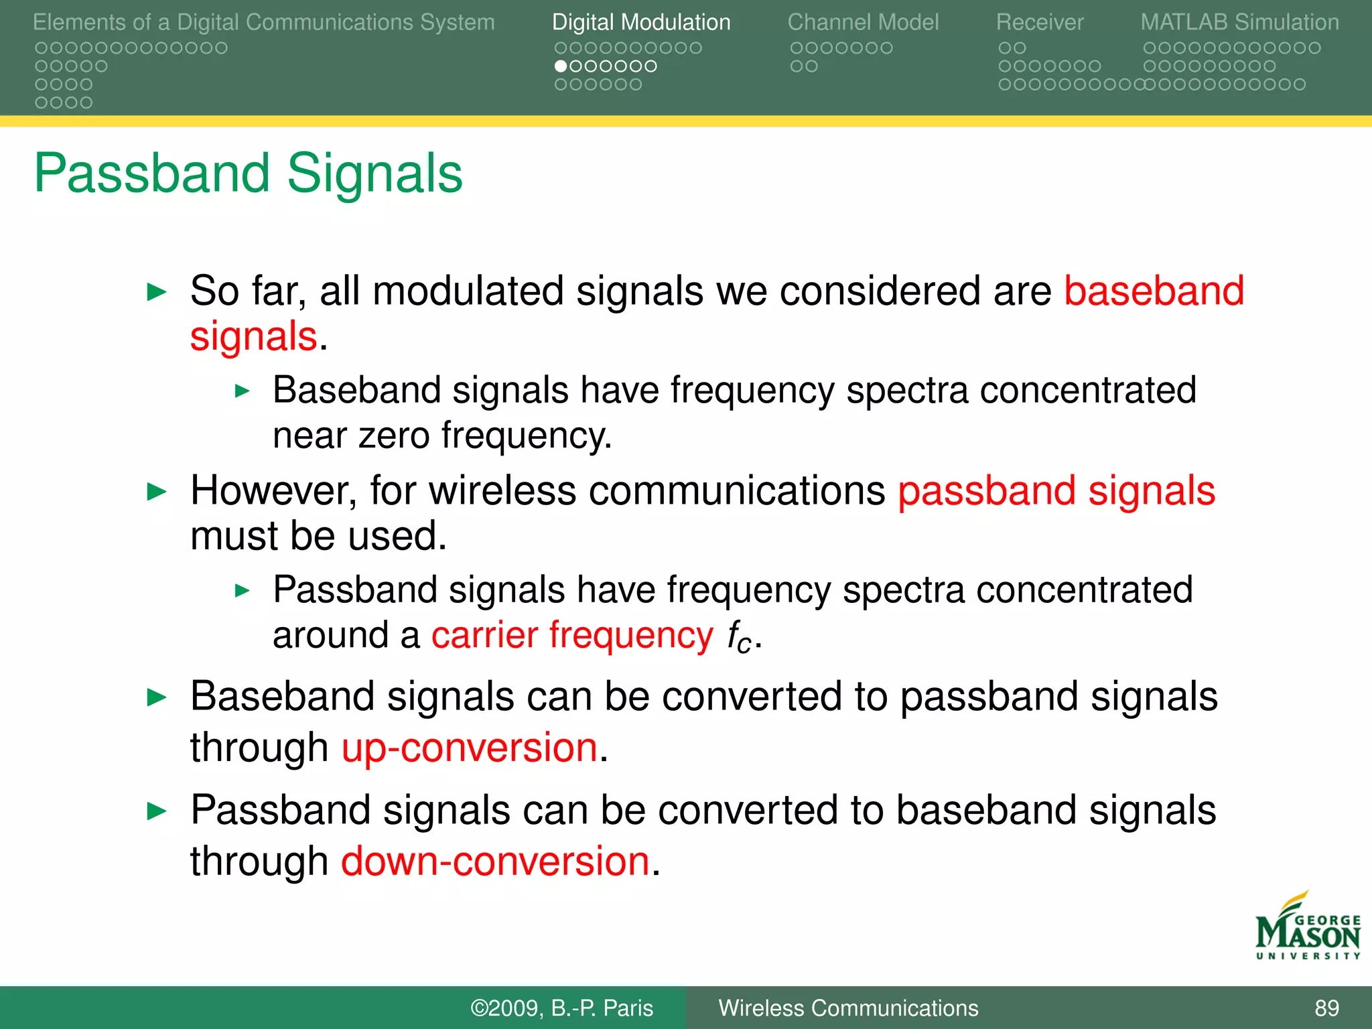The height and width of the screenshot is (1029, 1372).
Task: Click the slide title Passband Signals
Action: point(248,174)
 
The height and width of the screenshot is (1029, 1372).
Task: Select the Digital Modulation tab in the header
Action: point(640,22)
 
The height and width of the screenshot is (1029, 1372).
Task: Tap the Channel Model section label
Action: point(863,22)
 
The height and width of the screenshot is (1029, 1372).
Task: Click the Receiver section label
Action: point(1039,22)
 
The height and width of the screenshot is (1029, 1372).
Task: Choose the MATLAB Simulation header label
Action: point(1239,22)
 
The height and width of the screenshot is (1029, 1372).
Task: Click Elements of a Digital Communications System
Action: point(263,22)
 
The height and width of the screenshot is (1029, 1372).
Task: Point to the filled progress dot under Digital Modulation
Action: point(561,66)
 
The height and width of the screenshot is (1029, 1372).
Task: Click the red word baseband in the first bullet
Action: point(1154,291)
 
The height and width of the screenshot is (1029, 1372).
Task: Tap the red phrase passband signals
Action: point(1056,491)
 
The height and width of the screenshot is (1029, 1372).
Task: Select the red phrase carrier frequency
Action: point(571,635)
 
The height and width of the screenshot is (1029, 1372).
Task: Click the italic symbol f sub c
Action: point(740,636)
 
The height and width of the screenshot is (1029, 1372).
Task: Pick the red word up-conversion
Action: point(469,748)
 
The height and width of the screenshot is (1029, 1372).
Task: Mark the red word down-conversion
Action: point(495,862)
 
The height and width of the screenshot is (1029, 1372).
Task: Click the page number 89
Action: point(1326,1008)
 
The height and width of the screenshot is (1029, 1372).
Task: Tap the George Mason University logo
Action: point(1307,928)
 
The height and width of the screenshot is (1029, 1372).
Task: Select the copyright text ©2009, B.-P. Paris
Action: point(561,1008)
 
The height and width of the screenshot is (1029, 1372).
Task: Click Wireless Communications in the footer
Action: point(848,1008)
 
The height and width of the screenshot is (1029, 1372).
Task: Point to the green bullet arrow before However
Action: point(156,492)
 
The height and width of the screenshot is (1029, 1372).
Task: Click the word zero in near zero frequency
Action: point(393,436)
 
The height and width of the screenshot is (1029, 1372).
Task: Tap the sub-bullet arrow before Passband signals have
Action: point(243,591)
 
